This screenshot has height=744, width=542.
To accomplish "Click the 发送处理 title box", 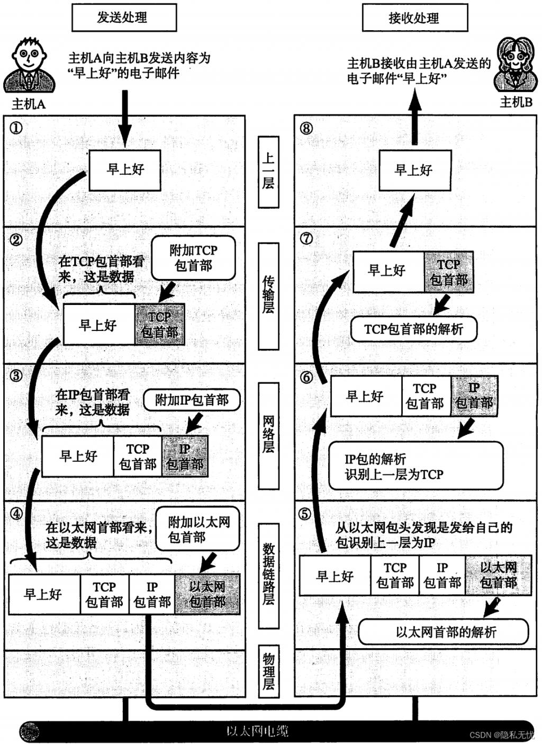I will click(124, 17).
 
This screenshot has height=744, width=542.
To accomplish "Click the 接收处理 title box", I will click(414, 18).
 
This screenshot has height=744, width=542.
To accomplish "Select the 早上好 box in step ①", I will click(125, 169).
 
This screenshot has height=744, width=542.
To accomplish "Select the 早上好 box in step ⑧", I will click(414, 170).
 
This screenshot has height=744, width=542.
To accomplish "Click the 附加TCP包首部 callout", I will click(193, 258).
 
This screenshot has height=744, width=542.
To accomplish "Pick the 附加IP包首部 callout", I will click(192, 400).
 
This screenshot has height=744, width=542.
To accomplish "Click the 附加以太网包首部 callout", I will click(197, 530).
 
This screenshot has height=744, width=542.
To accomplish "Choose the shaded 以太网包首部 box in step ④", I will click(207, 594).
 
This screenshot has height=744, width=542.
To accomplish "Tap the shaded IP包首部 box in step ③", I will click(185, 456).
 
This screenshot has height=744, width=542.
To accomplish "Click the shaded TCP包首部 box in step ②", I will click(159, 325).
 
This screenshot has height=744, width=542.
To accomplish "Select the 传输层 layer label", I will click(268, 296).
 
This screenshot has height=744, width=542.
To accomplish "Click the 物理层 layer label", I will click(268, 671).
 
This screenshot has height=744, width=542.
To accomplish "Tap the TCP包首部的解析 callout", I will click(413, 329).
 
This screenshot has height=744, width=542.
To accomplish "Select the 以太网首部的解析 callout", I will click(444, 632).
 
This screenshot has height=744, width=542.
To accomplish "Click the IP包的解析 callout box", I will click(415, 466).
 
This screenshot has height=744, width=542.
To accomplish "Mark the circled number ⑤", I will click(305, 514).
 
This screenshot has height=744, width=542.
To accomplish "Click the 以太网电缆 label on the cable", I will click(257, 732).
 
